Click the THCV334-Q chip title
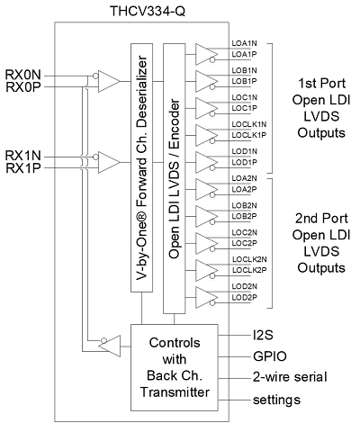pos(148,11)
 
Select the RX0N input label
pos(22,75)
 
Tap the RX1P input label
pos(23,168)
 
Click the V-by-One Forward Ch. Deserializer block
pos(141,167)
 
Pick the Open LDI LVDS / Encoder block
pos(174,178)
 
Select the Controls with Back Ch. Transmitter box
pos(175,367)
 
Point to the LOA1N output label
pos(245,43)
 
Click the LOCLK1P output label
pos(249,135)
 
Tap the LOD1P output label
pos(245,162)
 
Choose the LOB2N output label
pos(245,205)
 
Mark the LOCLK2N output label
pos(249,259)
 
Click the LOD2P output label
pos(245,297)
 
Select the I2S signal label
pos(263,335)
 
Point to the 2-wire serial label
pos(290,377)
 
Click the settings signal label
pos(276,400)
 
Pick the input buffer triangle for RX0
pos(109,81)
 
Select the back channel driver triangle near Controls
pos(110,346)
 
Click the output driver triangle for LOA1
pos(207,54)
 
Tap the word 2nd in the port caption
pos(305,219)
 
